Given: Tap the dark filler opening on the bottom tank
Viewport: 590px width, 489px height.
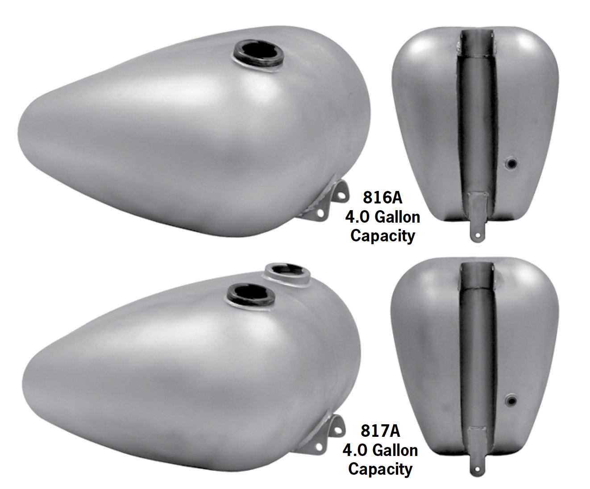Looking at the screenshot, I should [x=246, y=294].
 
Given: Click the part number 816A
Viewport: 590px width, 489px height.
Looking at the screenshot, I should [x=382, y=197].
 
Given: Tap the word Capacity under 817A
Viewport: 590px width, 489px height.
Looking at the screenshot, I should [x=380, y=469].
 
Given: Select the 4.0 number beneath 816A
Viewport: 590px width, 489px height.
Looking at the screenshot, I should [x=357, y=217].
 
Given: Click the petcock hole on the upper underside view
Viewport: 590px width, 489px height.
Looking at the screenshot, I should [x=511, y=165].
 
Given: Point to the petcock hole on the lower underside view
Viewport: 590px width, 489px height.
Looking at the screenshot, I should [x=511, y=398].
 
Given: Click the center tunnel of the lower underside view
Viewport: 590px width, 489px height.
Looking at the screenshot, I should [x=476, y=348].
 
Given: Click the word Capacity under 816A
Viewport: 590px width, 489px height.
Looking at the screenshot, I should [x=382, y=236].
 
